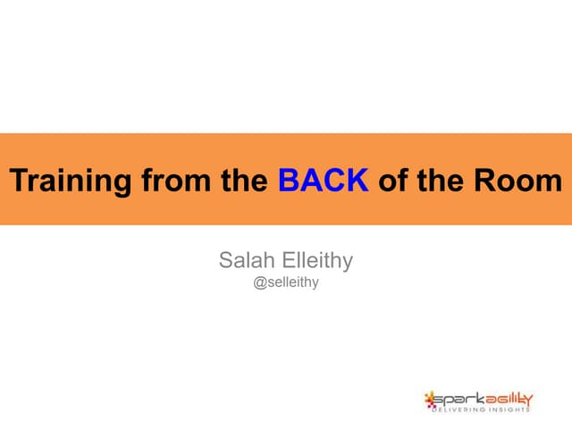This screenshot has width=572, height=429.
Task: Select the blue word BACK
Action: point(324,181)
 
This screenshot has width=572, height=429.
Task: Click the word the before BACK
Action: point(244,181)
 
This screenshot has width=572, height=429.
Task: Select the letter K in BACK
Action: point(357,181)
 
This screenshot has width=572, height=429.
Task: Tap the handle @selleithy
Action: point(286,283)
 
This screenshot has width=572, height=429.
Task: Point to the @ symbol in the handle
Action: point(260,283)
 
